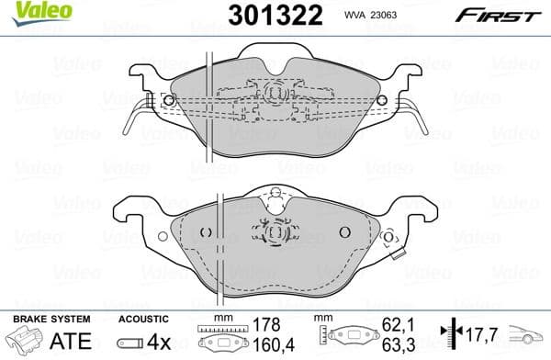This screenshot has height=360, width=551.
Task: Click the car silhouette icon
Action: click(x=527, y=335)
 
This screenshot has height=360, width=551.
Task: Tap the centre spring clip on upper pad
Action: click(x=274, y=93)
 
